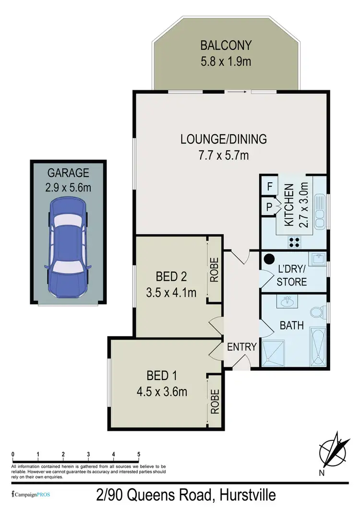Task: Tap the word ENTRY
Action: pyautogui.click(x=242, y=347)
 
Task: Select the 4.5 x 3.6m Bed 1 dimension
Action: pyautogui.click(x=161, y=392)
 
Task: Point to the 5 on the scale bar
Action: pyautogui.click(x=139, y=454)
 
